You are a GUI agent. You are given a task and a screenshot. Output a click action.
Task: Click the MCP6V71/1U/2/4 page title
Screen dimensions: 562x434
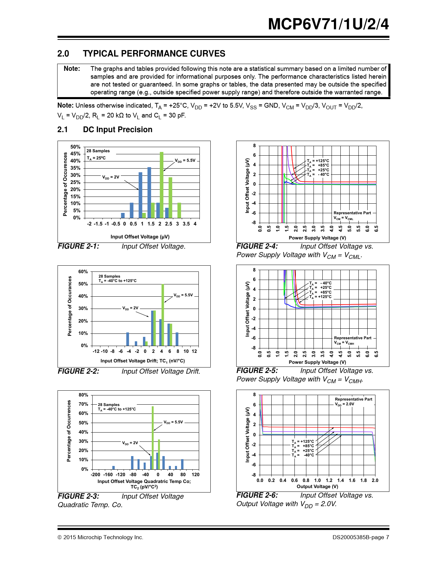[x=328, y=24]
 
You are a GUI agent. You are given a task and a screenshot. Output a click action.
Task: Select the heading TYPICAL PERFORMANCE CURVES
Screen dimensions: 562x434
[x=154, y=53]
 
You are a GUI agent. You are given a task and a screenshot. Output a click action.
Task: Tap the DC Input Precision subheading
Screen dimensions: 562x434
[x=117, y=129]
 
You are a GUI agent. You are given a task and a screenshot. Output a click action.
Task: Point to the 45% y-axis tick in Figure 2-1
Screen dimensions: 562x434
[x=75, y=154]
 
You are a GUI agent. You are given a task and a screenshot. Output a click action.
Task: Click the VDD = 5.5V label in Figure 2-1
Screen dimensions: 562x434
[x=185, y=160]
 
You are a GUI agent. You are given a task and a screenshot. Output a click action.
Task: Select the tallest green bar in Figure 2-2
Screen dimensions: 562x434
[x=163, y=315]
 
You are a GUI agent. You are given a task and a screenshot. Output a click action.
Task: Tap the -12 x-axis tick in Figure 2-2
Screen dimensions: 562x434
[x=96, y=351]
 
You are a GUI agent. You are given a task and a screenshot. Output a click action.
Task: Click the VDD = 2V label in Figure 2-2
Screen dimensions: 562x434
[x=130, y=308]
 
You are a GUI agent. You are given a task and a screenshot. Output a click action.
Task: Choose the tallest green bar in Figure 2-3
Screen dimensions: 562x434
[x=153, y=438]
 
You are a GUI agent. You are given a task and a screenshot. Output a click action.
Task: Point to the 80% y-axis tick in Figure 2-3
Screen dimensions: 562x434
[x=83, y=395]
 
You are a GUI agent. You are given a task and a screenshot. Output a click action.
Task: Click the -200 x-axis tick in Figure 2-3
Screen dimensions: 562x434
[x=96, y=474]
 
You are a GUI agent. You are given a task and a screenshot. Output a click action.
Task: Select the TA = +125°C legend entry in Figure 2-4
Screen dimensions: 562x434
[x=318, y=161]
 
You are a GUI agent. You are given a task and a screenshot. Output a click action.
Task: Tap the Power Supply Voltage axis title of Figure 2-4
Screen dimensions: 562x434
[x=317, y=238]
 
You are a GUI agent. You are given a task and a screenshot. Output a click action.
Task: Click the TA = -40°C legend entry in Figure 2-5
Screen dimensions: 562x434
[x=320, y=283]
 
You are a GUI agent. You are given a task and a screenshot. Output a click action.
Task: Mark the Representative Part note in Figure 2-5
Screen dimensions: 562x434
[x=353, y=338]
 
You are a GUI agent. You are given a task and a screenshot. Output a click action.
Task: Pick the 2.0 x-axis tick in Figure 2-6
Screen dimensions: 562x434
[x=375, y=480]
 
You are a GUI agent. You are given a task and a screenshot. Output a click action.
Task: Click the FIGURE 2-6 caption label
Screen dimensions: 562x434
[x=257, y=495]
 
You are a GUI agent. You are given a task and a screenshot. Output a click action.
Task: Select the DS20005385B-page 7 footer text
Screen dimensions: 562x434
[x=361, y=537]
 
